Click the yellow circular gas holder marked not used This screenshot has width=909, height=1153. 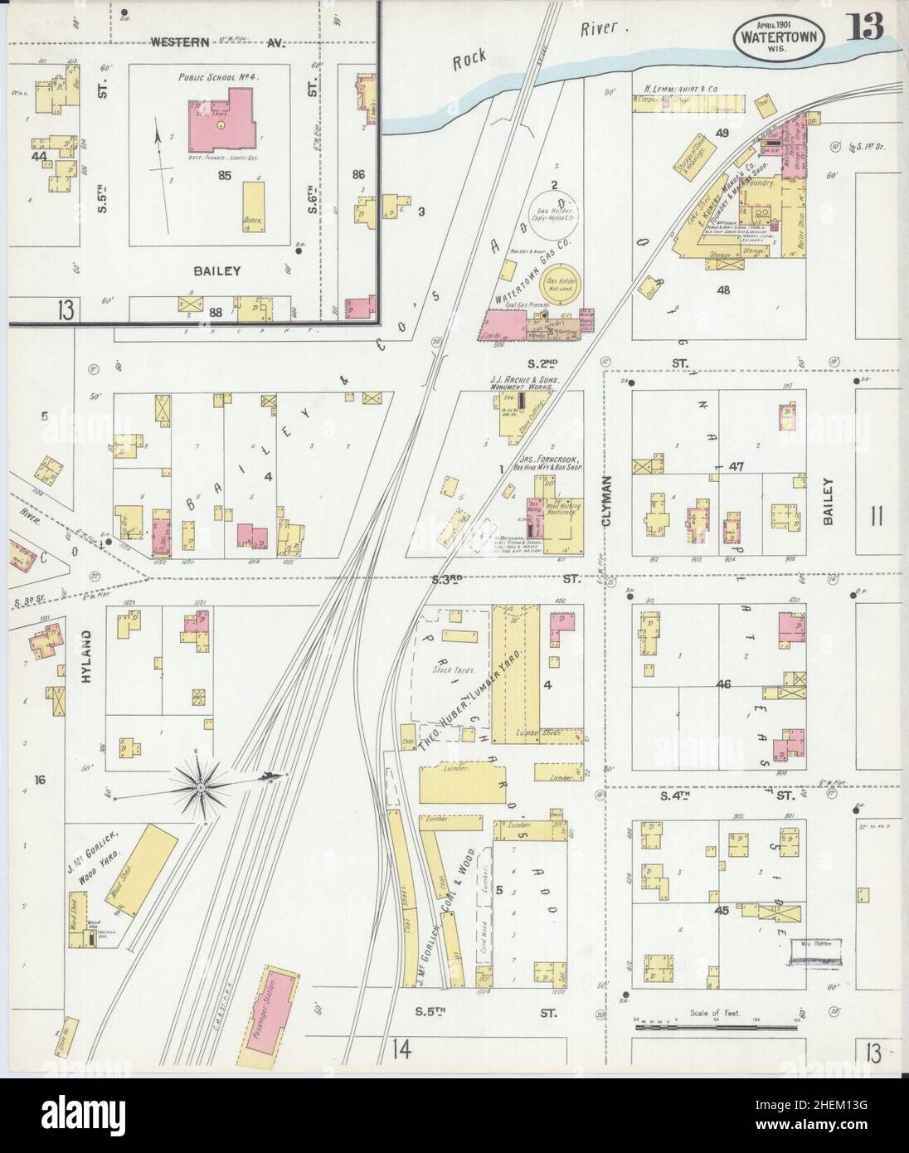[x=561, y=285]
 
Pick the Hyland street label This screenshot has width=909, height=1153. [x=85, y=656]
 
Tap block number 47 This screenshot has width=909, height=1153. [x=734, y=467]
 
